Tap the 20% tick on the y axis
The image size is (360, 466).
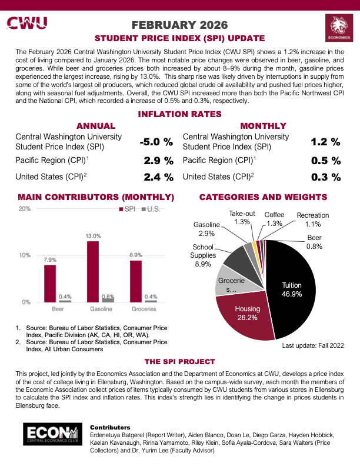[x=25, y=209]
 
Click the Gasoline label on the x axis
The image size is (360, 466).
[x=101, y=309]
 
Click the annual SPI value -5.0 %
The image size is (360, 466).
[x=156, y=142]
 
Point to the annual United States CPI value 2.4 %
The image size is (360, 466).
[x=158, y=177]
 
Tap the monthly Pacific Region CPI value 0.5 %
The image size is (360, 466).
[x=325, y=160]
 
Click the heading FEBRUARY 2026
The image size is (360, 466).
[x=179, y=25]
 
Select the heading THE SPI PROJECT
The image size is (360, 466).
[x=179, y=361]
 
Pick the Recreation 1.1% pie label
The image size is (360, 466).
[x=313, y=219]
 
